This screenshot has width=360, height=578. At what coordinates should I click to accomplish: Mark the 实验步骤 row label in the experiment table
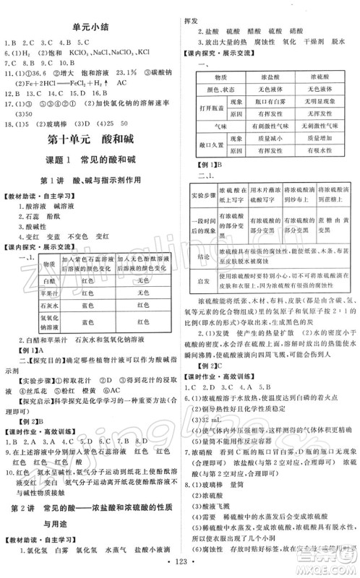(198, 217)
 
